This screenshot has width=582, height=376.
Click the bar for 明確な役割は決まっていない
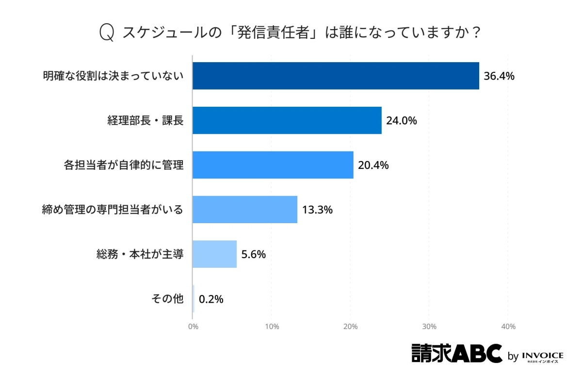336,76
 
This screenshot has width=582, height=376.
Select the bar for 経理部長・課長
287,120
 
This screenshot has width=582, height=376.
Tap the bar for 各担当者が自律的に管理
273,165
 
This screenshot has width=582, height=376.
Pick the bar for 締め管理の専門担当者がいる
244,210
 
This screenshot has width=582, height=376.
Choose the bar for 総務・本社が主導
214,254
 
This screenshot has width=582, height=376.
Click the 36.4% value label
499,76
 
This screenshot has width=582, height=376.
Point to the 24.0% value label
401,121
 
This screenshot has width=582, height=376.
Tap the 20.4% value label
373,165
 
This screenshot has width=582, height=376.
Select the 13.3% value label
317,210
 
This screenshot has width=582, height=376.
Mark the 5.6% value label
254,255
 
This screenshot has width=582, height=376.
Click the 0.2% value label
211,299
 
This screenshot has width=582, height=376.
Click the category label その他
168,299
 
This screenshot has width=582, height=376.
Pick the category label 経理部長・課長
145,121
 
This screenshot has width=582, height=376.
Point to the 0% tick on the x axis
193,327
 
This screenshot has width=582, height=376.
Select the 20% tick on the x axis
351,327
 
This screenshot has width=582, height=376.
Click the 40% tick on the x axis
508,327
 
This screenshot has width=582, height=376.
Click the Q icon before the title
106,33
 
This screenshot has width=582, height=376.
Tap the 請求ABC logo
456,353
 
